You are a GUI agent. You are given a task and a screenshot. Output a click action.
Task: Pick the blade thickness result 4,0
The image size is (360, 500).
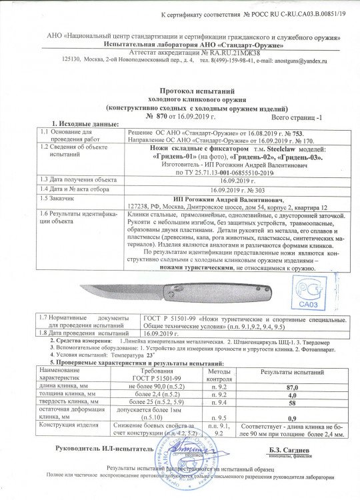pyautogui.click(x=291, y=395)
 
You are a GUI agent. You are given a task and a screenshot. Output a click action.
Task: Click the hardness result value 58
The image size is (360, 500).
pyautogui.click(x=291, y=404)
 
